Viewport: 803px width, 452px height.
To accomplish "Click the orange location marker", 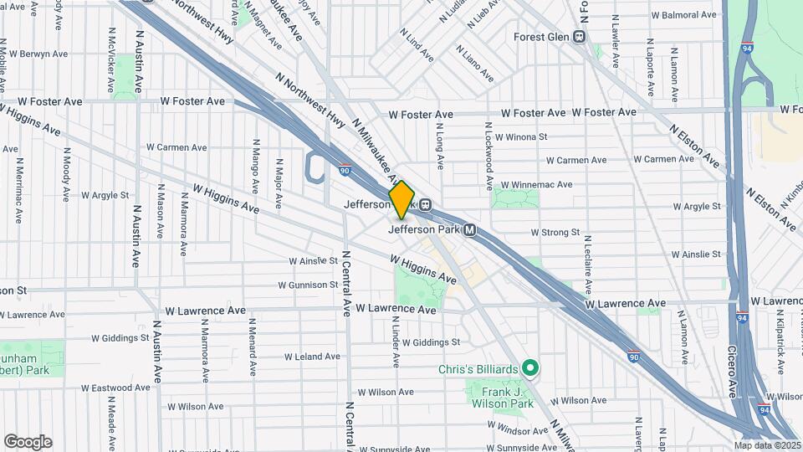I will point(401,199).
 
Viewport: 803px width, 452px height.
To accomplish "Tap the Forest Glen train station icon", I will point(578,36).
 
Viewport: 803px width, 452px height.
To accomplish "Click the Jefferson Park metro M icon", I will point(470,230).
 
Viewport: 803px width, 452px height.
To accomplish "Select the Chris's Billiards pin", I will point(529,368).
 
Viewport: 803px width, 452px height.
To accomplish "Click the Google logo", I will point(28,442).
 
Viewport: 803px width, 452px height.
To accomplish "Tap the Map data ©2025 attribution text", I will point(767,445).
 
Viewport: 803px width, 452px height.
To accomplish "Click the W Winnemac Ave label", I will point(536,184).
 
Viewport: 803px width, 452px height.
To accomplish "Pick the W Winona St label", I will point(520,136).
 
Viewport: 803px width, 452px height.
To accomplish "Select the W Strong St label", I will point(544,233).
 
